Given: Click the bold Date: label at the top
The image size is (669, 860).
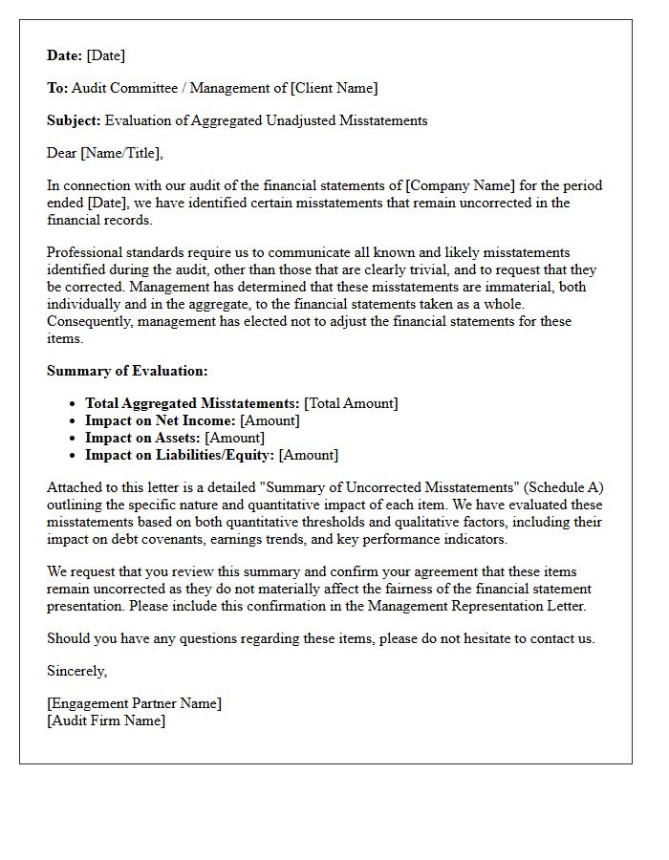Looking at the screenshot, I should (65, 56).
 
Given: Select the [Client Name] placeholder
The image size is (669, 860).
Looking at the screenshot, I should (334, 89).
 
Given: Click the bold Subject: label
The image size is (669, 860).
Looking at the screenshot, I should (75, 121).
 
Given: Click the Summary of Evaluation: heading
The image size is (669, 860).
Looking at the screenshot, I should (127, 371).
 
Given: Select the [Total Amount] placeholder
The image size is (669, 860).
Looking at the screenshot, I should (351, 404).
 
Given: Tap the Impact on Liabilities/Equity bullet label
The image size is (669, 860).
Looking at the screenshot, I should (180, 456).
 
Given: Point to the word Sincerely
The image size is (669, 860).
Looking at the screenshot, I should (77, 672).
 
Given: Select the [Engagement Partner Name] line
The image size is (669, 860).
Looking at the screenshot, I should (134, 704).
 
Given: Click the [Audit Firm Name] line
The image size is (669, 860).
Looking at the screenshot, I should (106, 721).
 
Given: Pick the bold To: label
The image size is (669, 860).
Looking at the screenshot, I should (57, 89).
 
